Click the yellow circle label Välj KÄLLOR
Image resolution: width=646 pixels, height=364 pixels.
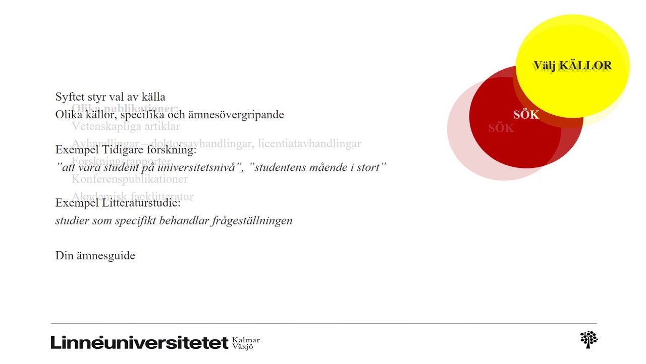click(572, 65)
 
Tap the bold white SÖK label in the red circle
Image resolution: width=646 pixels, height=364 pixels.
click(526, 115)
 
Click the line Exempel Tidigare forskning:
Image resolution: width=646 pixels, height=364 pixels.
click(126, 150)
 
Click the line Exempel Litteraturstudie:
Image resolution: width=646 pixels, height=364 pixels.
click(118, 203)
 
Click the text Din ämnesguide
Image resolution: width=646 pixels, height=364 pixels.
click(95, 255)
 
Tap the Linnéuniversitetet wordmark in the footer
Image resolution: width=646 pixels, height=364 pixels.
click(139, 342)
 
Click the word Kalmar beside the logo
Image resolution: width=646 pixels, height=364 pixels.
click(246, 340)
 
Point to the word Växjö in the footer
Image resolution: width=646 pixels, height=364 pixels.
click(243, 347)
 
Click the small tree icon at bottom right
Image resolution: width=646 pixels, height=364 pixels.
click(588, 339)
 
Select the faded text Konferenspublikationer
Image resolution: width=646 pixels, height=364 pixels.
click(130, 179)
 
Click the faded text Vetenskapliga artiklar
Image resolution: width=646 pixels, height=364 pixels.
click(126, 126)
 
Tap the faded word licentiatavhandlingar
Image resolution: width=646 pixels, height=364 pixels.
click(309, 144)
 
